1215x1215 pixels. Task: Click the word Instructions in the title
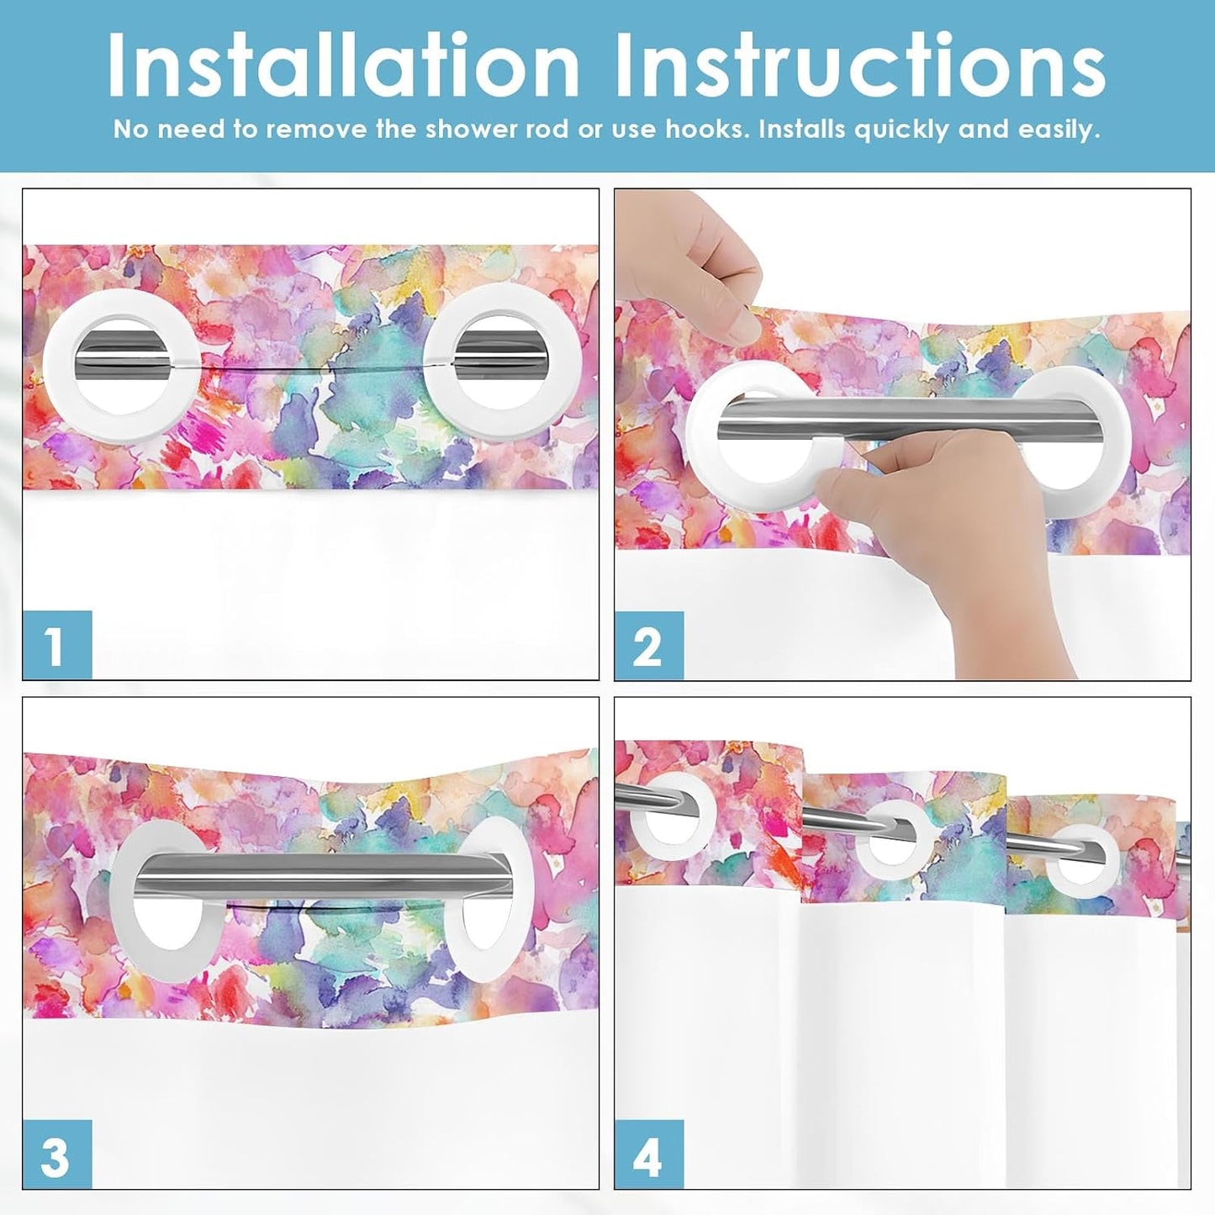click(x=860, y=65)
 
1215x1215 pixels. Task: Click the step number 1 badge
click(x=57, y=644)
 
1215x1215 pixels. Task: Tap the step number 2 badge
click(x=649, y=644)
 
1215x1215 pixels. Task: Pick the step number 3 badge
click(x=57, y=1154)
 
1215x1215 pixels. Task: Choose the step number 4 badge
click(x=649, y=1154)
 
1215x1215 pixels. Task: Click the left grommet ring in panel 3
click(x=126, y=908)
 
